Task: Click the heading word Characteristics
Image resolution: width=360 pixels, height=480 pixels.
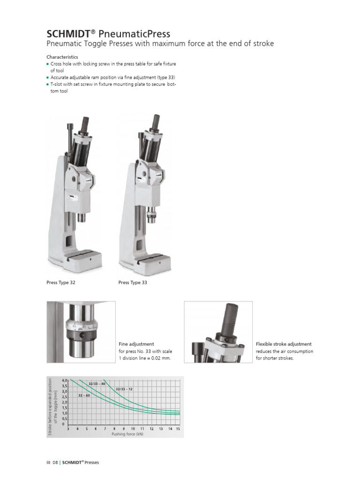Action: pyautogui.click(x=62, y=57)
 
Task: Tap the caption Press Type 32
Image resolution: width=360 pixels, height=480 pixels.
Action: pyautogui.click(x=61, y=283)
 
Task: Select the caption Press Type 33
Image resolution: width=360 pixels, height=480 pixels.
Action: pyautogui.click(x=133, y=283)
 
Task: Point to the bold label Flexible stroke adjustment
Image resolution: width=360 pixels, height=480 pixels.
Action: pyautogui.click(x=284, y=344)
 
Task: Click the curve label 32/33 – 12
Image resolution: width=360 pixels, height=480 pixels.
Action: pyautogui.click(x=124, y=389)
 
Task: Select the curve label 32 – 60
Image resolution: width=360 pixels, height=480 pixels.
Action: pyautogui.click(x=84, y=396)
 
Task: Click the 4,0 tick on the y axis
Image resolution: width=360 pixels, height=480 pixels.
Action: pyautogui.click(x=65, y=380)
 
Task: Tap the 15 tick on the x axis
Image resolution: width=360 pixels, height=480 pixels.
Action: pyautogui.click(x=178, y=429)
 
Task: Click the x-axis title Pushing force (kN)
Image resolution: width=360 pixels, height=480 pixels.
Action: pyautogui.click(x=127, y=435)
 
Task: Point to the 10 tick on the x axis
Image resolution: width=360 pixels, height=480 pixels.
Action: pyautogui.click(x=133, y=429)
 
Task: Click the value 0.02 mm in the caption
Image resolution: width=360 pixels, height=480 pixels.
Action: pyautogui.click(x=161, y=358)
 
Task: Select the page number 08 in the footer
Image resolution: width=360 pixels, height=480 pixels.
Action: pyautogui.click(x=55, y=463)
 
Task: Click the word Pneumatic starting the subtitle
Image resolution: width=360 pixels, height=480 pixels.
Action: pyautogui.click(x=64, y=44)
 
